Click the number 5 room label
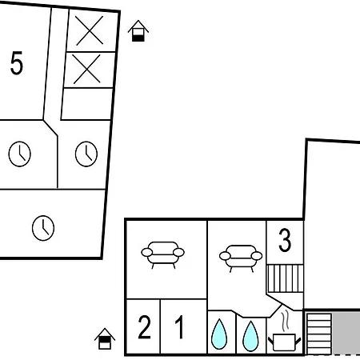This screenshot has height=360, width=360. coord(17,63)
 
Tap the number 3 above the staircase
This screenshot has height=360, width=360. coord(285,241)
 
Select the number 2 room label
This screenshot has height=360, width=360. coord(144,327)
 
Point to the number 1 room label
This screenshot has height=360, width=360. coord(179,327)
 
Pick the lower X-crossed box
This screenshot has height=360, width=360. coord(88,70)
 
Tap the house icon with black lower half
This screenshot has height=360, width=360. coord(138,31)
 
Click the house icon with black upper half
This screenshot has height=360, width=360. coord(105,338)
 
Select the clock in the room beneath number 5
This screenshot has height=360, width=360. coord(20,154)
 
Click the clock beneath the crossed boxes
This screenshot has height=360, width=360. coord(86,154)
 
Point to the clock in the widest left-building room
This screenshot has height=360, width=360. coord(43,228)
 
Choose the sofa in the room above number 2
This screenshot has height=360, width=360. coord(162,255)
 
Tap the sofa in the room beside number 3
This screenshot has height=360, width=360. coord(241,258)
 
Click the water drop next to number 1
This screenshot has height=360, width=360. coord(219,334)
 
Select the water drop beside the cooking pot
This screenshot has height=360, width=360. coord(250,336)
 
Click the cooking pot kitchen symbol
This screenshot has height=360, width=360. coord(284,342)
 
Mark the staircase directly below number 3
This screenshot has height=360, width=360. coord(285,278)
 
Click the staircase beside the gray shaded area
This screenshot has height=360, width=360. coord(319,334)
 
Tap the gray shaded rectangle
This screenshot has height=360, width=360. coord(346,334)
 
